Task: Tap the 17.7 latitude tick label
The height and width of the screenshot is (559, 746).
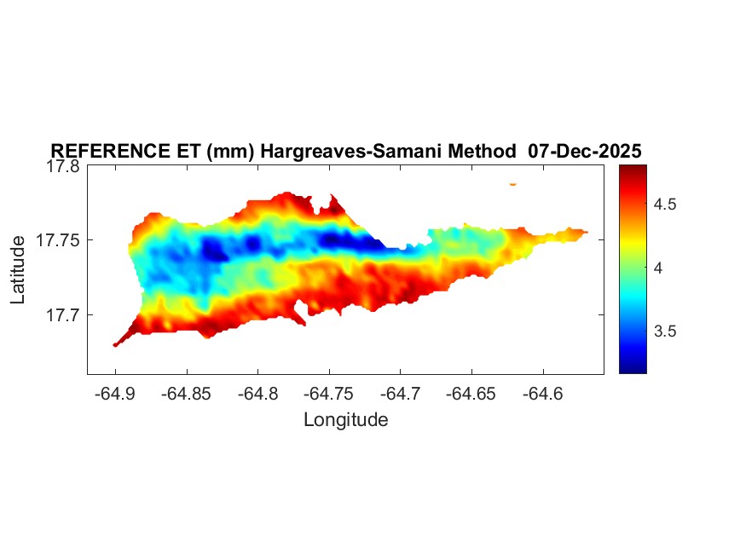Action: (59, 315)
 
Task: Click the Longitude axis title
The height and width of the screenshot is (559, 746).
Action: (345, 420)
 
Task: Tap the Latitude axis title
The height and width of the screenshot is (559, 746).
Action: (19, 271)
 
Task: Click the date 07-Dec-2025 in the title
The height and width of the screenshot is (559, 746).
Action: (585, 151)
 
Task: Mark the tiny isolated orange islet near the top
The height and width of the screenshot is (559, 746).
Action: (513, 183)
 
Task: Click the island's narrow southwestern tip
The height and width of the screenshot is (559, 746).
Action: (116, 344)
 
